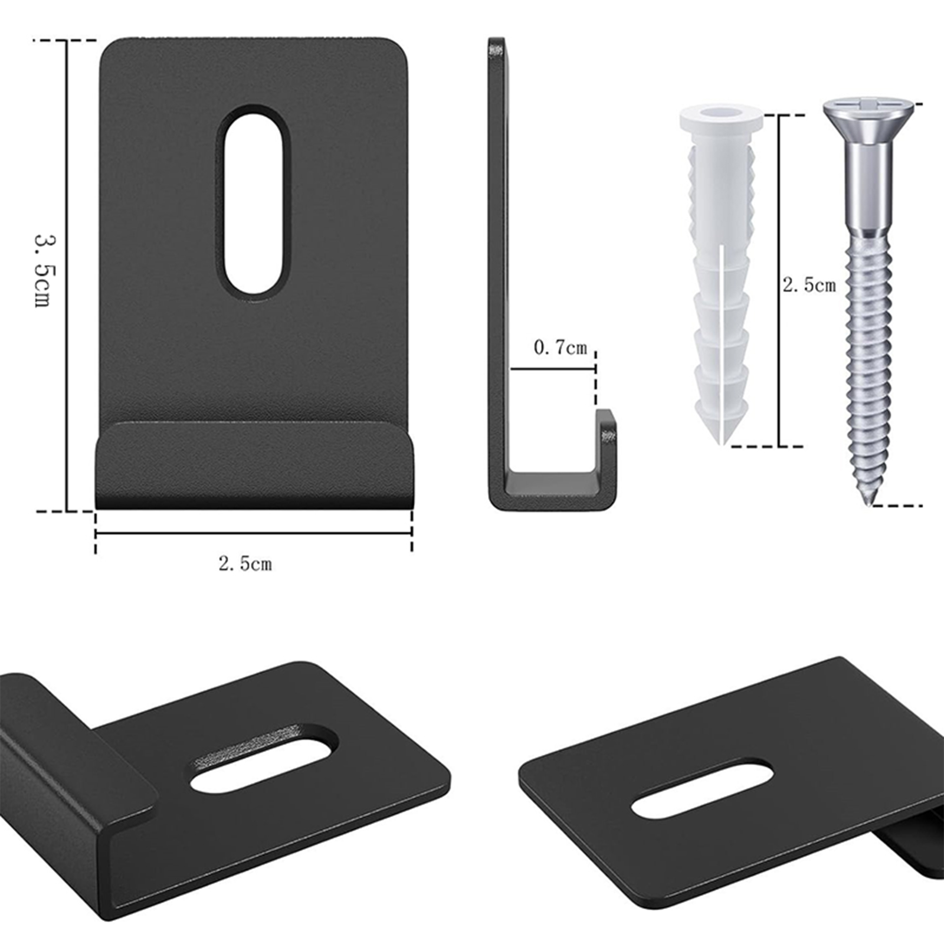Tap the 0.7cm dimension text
point(560,348)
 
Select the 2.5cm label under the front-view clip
point(245,563)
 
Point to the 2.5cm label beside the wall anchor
point(809,285)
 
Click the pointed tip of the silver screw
point(868,504)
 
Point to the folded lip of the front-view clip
point(254,465)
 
